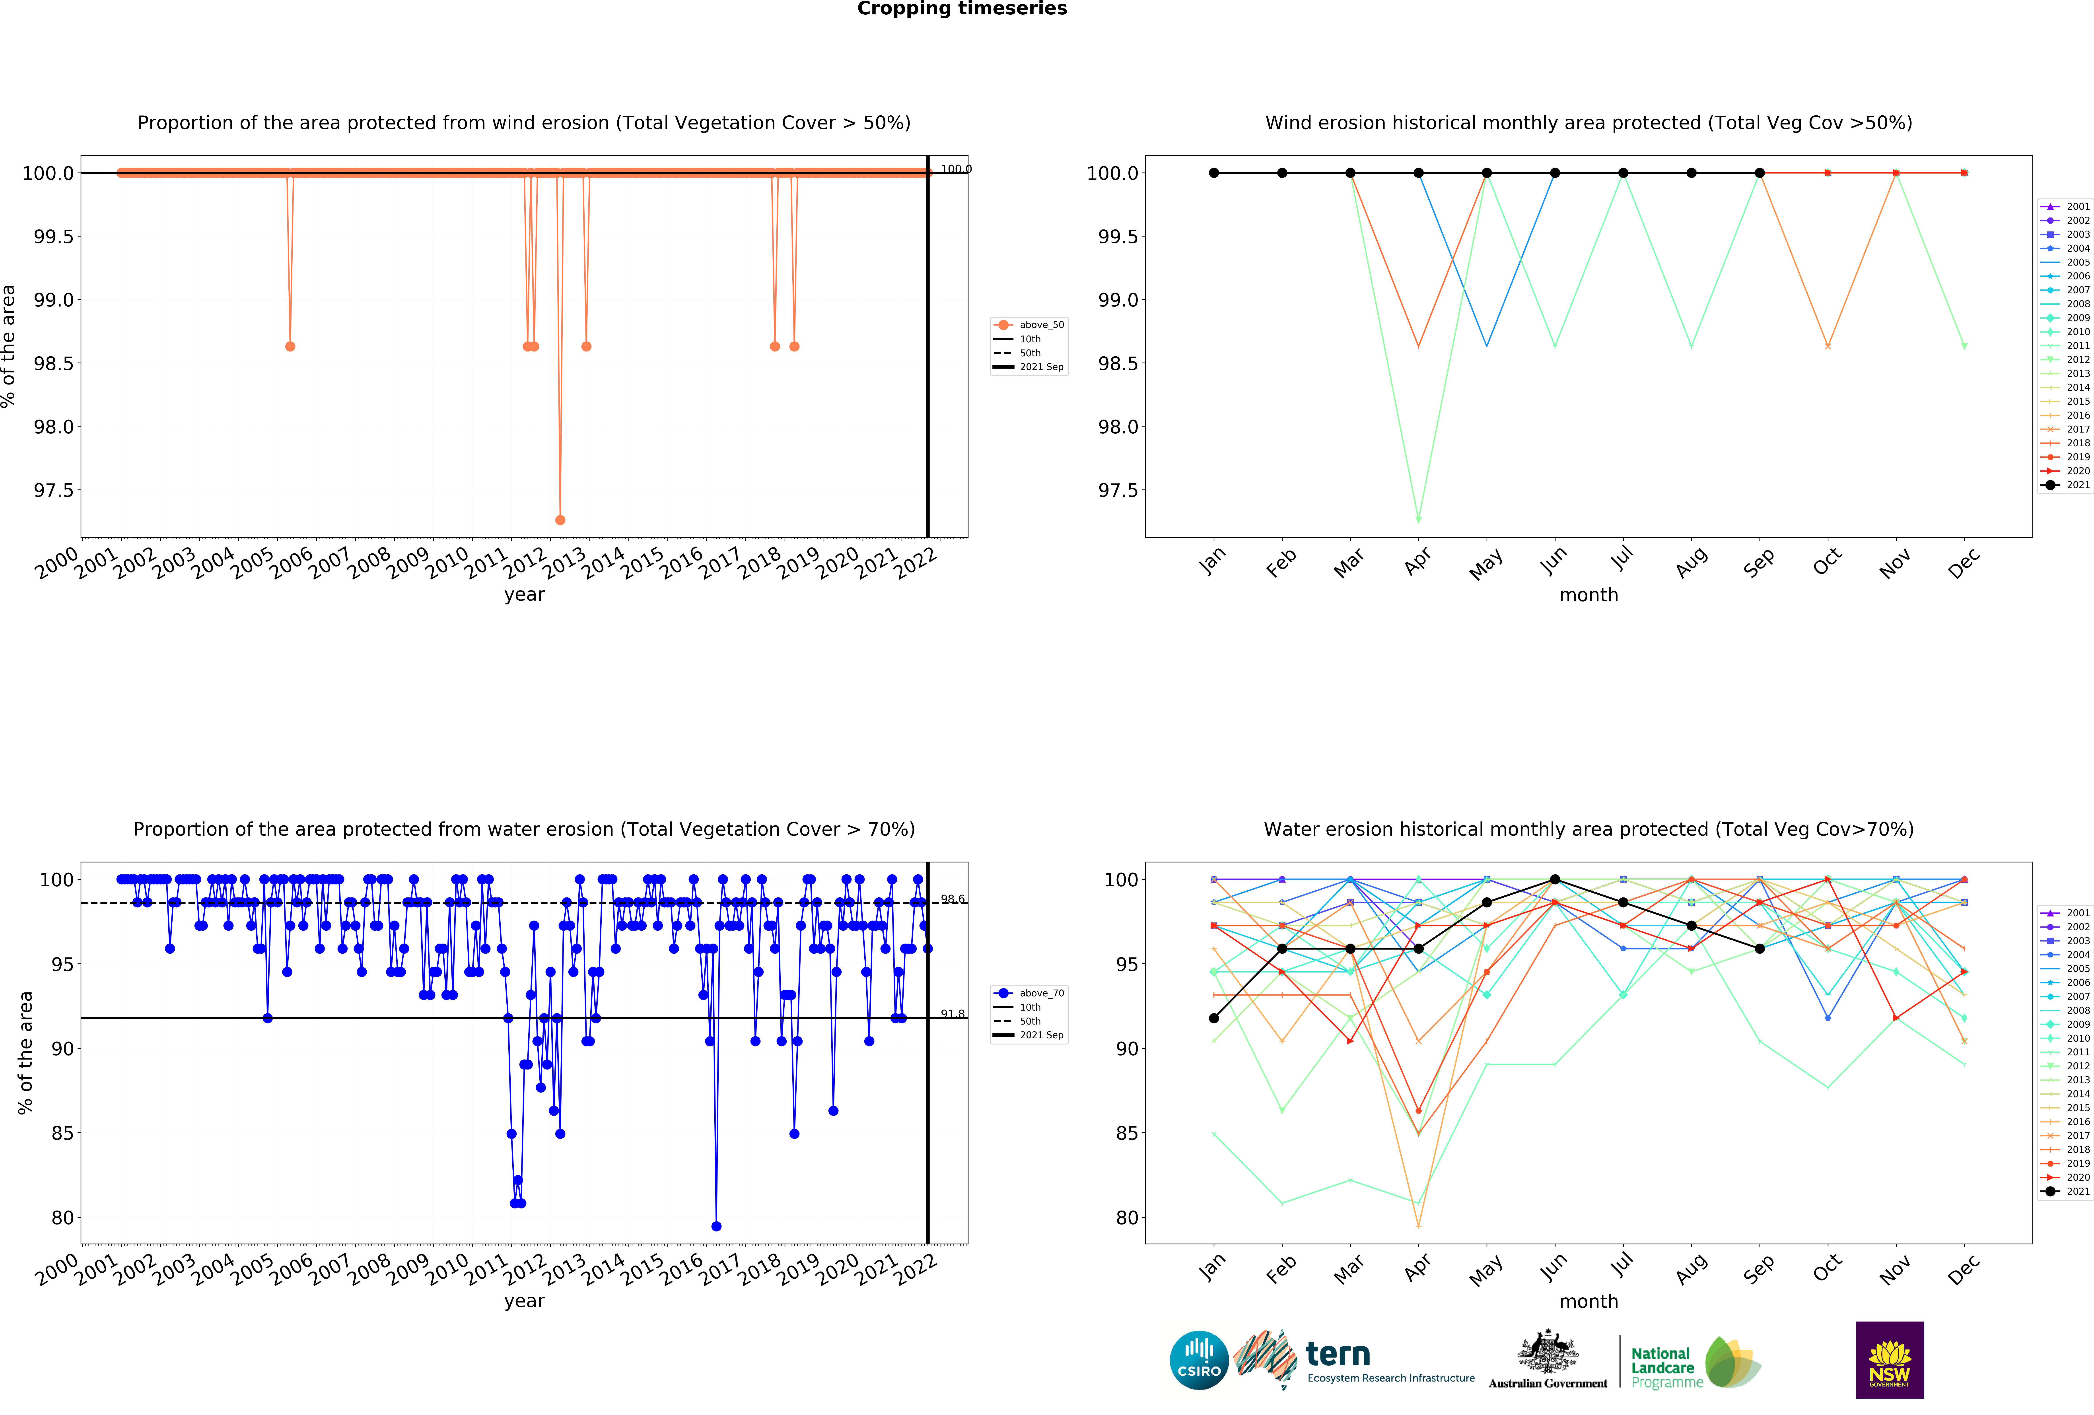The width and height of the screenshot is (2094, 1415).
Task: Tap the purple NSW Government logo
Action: point(1890,1360)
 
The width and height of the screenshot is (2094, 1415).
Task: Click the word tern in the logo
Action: point(1338,1354)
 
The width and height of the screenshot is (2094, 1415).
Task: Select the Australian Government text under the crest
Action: point(1547,1384)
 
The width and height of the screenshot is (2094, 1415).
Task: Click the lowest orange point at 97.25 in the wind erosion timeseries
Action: point(560,520)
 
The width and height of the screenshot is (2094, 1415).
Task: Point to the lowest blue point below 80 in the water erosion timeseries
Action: point(716,1226)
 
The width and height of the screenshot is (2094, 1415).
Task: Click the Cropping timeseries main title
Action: point(961,9)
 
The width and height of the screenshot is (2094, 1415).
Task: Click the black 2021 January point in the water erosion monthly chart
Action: point(1214,1018)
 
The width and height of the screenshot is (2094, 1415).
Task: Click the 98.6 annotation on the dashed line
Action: point(952,899)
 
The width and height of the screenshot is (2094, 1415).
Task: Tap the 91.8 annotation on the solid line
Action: point(952,1014)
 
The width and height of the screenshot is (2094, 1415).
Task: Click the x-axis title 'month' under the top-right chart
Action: point(1588,595)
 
